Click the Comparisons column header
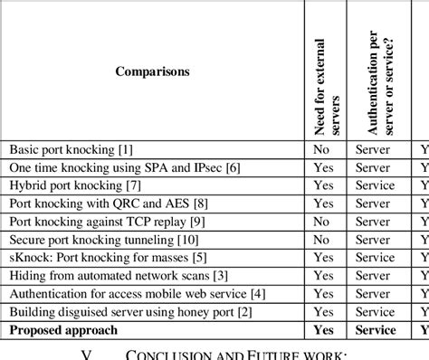point(152,71)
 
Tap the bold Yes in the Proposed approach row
point(323,330)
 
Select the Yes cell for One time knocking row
point(323,167)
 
